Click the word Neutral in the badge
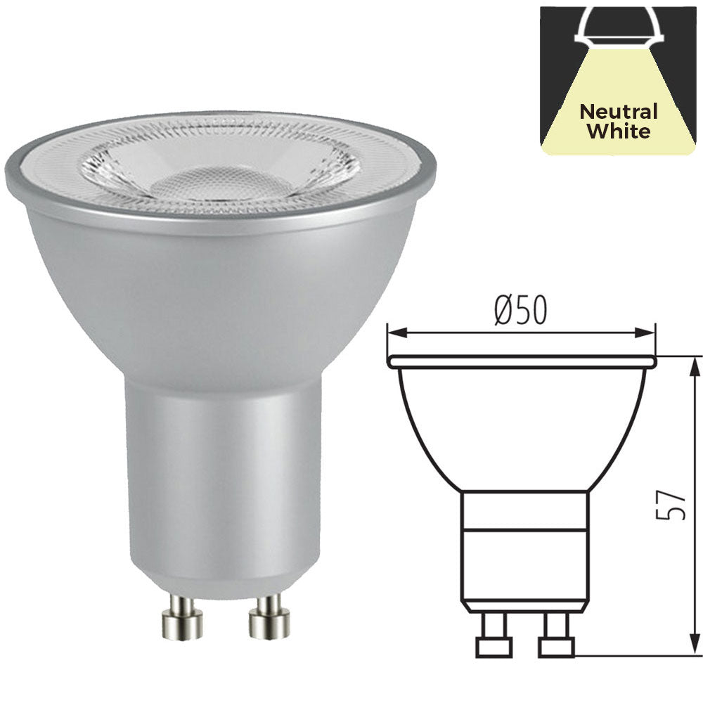point(619,112)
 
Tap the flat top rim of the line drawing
point(522,361)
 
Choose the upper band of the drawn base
point(523,510)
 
